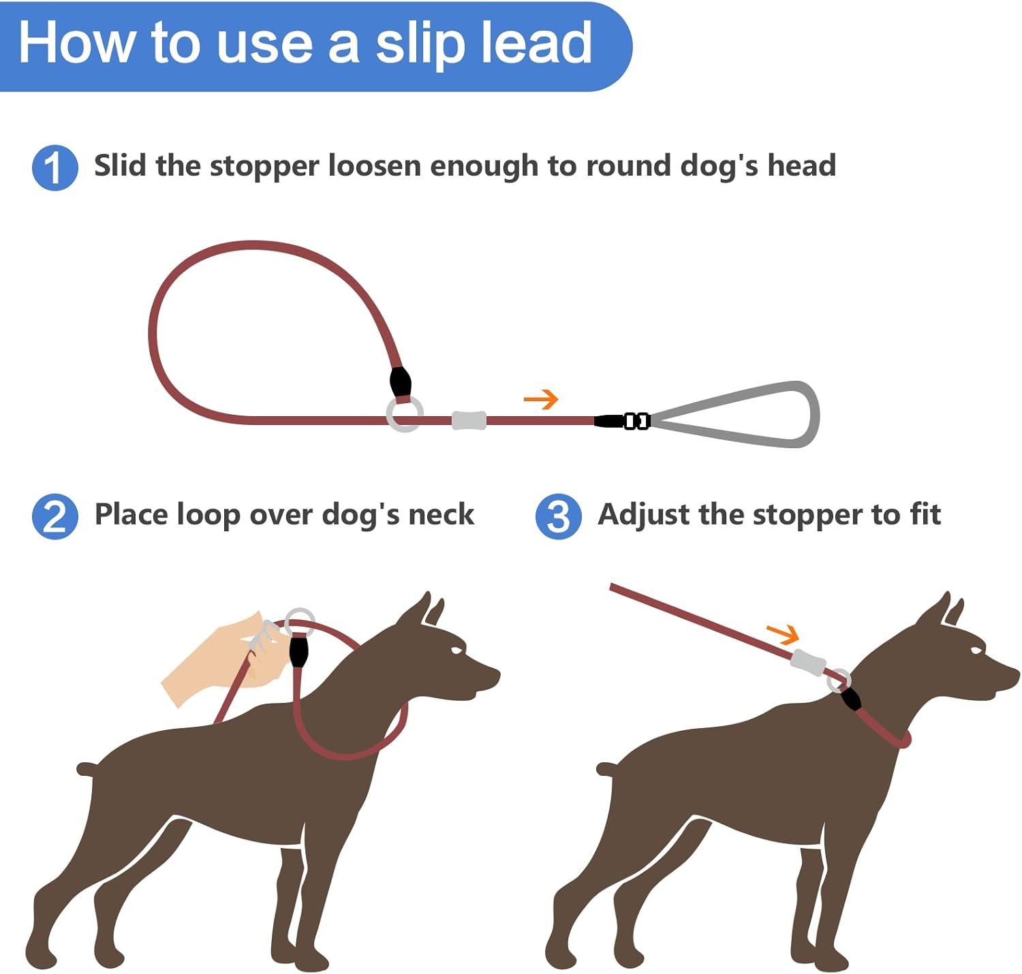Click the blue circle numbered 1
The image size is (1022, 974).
pyautogui.click(x=55, y=168)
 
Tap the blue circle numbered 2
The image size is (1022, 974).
pyautogui.click(x=55, y=516)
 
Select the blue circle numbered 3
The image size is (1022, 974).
pyautogui.click(x=558, y=516)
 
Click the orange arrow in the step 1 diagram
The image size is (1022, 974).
pyautogui.click(x=541, y=399)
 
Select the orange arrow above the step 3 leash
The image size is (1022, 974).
pyautogui.click(x=782, y=634)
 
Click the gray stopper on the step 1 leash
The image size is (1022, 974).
pyautogui.click(x=469, y=420)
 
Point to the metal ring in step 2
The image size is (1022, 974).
pyautogui.click(x=300, y=622)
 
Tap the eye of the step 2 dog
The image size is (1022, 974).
pyautogui.click(x=455, y=650)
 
